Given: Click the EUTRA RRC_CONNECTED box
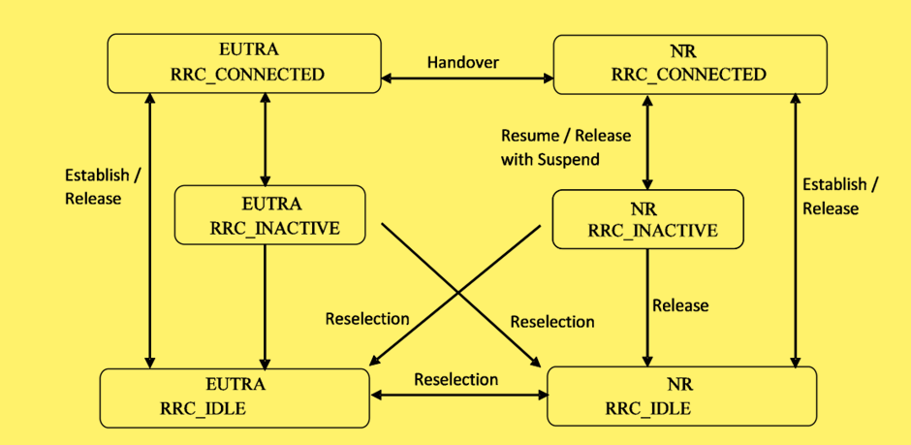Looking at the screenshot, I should point(243,63).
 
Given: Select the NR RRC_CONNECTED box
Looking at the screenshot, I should point(689,64).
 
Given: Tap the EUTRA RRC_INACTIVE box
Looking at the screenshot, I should point(269,215).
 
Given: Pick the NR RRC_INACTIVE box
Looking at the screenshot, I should point(647,218).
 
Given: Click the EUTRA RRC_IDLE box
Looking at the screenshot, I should point(235,397).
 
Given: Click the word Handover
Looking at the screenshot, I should point(463,62).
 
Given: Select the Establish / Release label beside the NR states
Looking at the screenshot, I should point(840,196).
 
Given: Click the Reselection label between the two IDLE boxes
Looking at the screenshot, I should point(455,379).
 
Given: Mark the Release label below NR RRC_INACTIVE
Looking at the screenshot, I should point(679,305).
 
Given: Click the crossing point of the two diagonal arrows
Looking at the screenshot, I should point(459,290).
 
